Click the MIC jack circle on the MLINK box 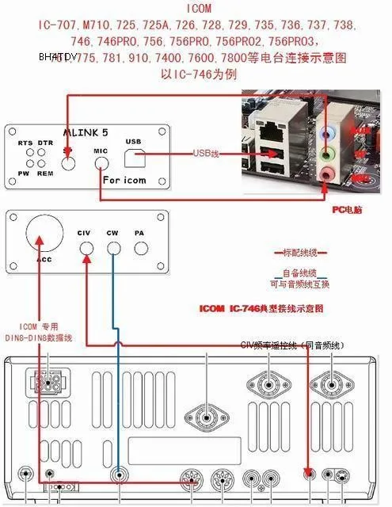click(x=101, y=163)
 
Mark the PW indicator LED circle click(x=25, y=164)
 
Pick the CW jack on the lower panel click(x=113, y=248)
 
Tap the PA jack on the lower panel click(x=141, y=248)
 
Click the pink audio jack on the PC click(x=327, y=173)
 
